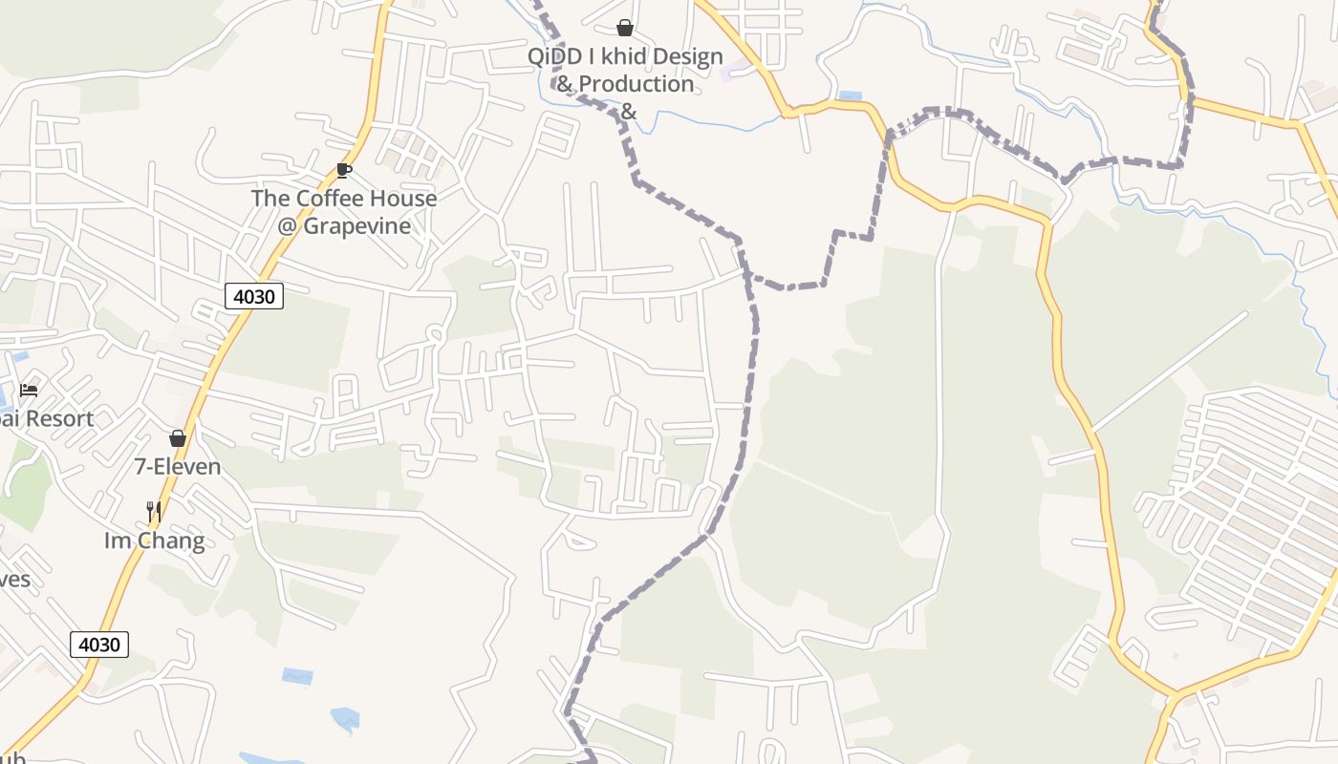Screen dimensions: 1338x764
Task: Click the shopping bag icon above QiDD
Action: point(625,28)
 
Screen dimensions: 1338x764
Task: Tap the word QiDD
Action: point(552,57)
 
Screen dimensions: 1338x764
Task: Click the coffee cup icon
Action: point(344,171)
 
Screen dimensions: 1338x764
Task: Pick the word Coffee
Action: point(330,199)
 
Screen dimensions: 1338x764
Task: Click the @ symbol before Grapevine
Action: point(288,226)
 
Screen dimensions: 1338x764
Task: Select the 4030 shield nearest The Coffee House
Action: point(254,296)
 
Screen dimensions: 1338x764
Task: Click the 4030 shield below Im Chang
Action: point(99,645)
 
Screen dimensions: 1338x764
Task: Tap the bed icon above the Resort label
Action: point(29,390)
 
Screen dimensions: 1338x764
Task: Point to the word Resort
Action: point(59,418)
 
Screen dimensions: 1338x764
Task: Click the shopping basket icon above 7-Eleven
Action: point(178,438)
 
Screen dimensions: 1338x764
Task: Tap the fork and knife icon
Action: point(153,512)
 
